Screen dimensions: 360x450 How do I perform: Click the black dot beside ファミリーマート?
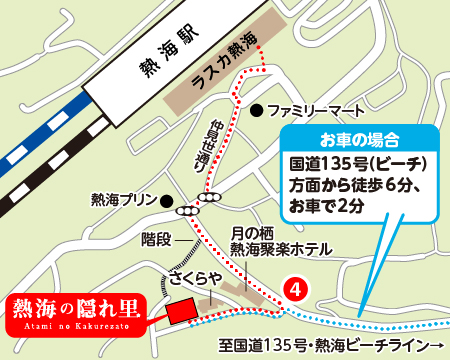[x=257, y=108]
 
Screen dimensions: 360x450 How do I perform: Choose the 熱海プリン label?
[x=124, y=199]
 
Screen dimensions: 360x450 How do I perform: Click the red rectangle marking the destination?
[x=179, y=312]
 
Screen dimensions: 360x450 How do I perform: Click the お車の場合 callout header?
[x=359, y=138]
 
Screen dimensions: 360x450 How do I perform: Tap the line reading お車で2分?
[x=330, y=206]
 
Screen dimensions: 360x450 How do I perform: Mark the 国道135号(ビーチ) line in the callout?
[x=359, y=162]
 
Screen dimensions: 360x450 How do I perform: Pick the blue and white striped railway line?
[x=40, y=149]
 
